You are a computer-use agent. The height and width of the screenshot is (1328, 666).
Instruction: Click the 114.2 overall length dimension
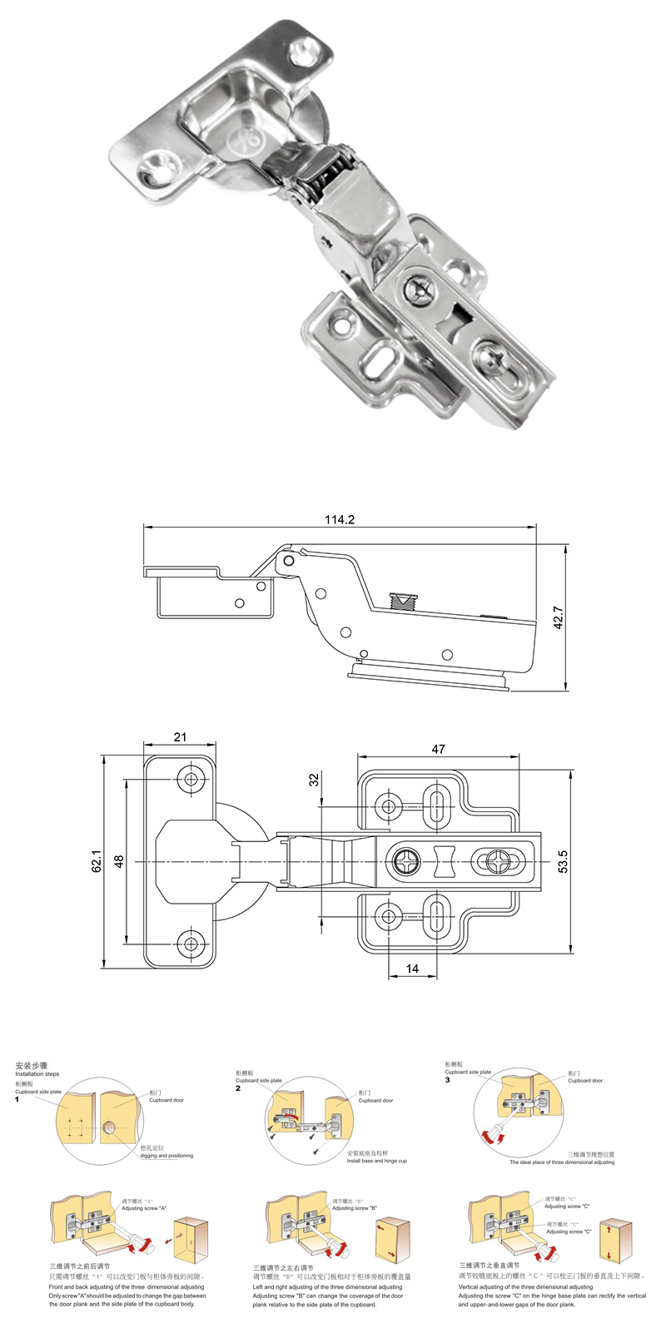pos(340,519)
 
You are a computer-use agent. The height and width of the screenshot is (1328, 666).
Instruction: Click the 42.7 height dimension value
pos(559,617)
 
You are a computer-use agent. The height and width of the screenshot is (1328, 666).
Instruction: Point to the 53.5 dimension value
pos(563,861)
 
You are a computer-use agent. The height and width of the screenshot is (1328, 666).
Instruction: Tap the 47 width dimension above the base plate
pos(438,749)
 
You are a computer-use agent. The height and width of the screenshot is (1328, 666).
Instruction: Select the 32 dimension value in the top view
pos(314,780)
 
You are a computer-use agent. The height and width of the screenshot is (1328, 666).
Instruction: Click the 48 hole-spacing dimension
pos(118,861)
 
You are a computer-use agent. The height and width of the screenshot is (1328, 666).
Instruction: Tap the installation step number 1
pos(17,1100)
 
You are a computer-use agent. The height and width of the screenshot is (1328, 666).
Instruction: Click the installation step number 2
pos(237,1088)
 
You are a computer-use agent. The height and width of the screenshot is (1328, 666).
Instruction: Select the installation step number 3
pos(447,1080)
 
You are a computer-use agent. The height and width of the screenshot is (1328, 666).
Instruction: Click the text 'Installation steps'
pos(37,1074)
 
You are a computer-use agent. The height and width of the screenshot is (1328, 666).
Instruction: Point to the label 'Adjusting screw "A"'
pos(145,1208)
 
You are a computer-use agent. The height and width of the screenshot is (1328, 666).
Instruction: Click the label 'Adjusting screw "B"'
pos(355,1208)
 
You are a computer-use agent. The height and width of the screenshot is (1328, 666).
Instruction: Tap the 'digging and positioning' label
pos(166,1156)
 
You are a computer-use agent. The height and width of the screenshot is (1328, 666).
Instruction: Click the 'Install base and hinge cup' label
pos(378,1161)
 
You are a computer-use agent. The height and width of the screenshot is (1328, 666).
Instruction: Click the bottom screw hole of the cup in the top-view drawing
pos(193,943)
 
